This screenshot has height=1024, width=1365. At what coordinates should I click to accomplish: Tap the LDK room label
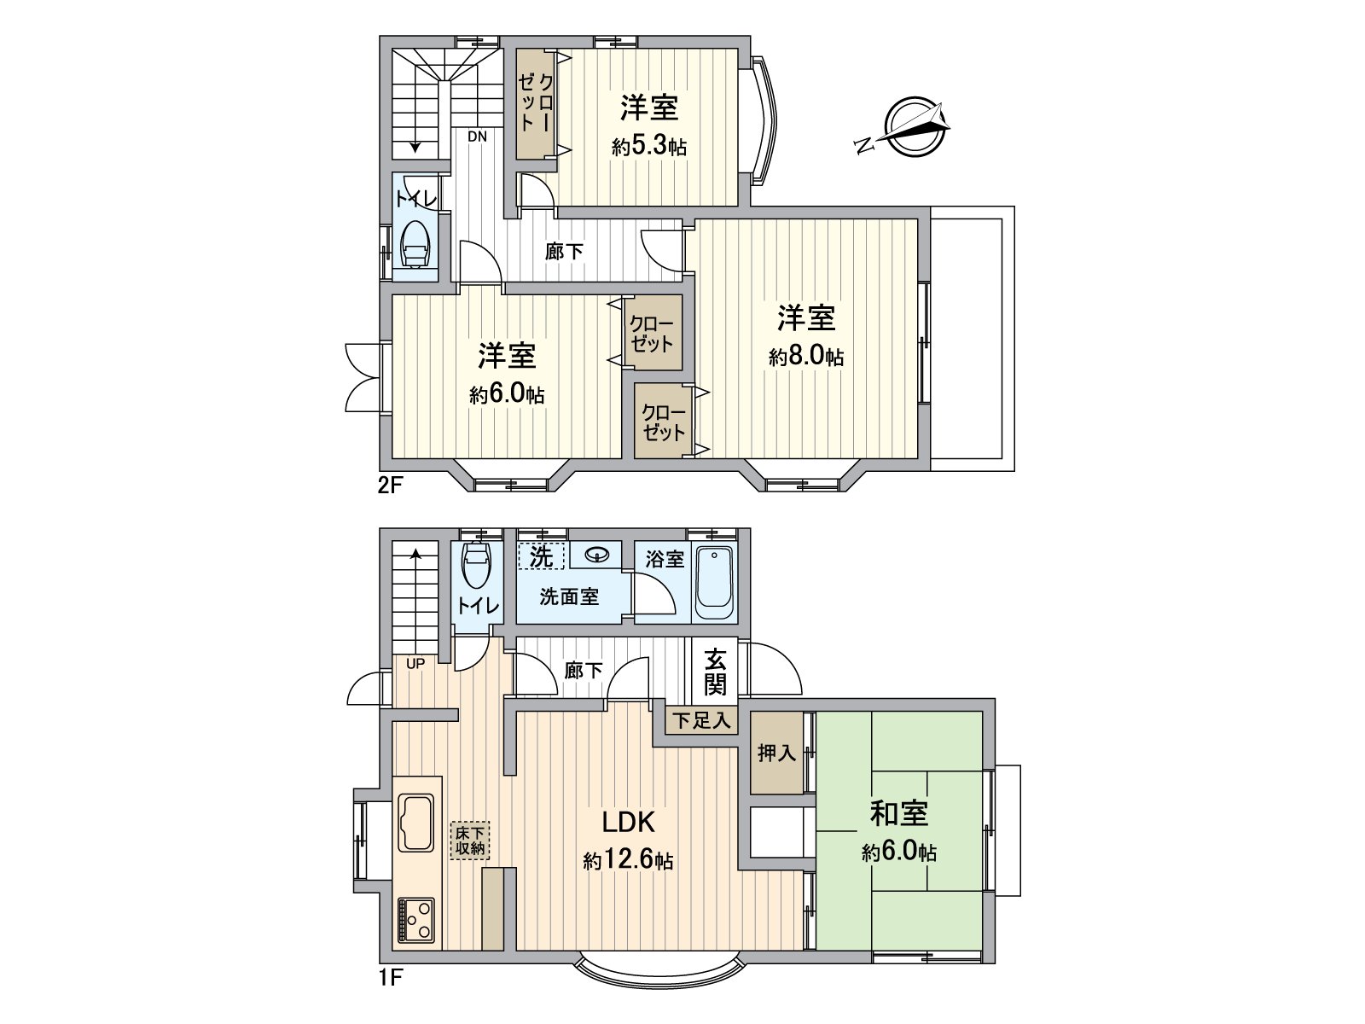[629, 822]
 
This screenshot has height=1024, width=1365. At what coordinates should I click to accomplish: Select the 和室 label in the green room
[898, 813]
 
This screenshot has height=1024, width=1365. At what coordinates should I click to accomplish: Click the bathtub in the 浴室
[715, 582]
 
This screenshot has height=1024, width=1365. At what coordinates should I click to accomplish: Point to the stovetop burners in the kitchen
[416, 921]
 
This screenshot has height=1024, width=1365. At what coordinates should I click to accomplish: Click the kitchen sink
[416, 822]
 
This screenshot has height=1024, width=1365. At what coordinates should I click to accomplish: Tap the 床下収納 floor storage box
[470, 841]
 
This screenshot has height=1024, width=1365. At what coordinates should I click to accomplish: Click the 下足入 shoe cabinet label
[702, 720]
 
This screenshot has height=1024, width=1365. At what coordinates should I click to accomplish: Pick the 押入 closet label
[776, 753]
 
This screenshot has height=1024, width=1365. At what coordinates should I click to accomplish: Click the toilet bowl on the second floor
[416, 245]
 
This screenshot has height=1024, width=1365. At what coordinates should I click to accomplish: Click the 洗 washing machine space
[542, 556]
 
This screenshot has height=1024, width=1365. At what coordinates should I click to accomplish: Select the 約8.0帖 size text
[806, 357]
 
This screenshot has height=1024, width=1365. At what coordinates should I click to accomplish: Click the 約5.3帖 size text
[649, 147]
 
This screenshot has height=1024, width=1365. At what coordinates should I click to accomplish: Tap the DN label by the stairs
[477, 136]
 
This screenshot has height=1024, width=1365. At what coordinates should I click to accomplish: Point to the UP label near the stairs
[415, 663]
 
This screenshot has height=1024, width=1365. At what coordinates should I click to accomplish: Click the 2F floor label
[390, 486]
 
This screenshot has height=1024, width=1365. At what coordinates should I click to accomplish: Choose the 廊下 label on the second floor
[565, 252]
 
